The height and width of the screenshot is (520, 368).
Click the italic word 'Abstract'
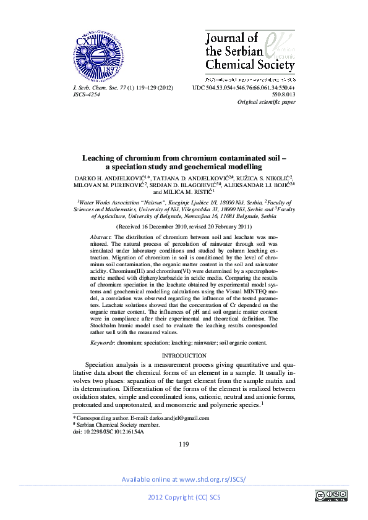click(x=100, y=237)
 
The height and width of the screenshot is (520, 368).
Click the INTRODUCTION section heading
click(x=184, y=356)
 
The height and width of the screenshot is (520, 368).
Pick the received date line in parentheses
click(x=184, y=227)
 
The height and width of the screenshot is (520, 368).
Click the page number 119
click(x=183, y=445)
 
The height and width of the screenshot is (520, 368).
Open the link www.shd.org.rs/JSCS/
click(x=212, y=479)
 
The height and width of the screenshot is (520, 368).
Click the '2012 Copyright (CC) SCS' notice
click(x=184, y=498)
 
